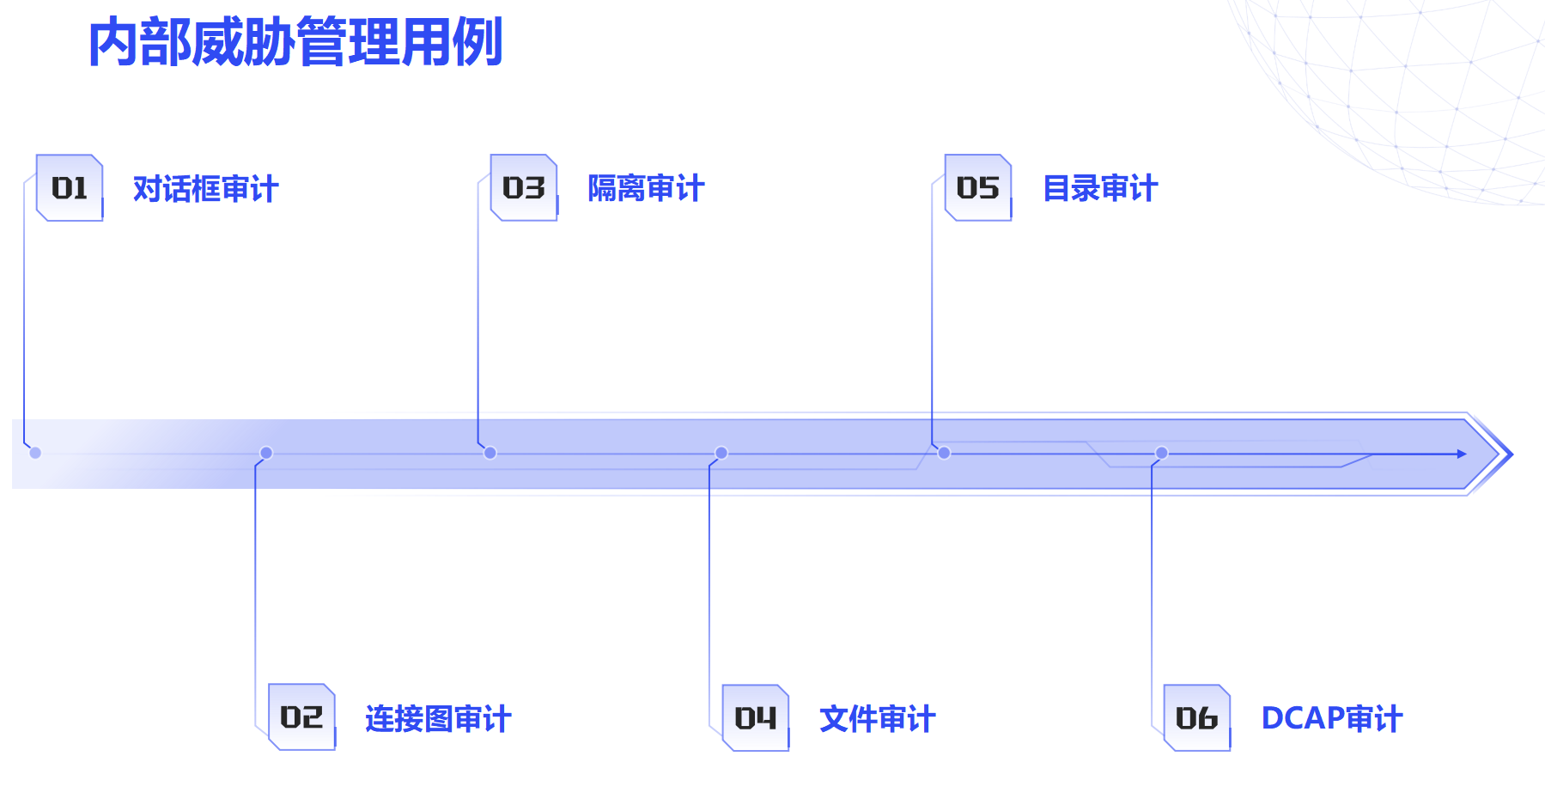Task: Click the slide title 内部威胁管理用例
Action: (295, 42)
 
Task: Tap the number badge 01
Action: (70, 188)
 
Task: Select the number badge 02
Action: (301, 717)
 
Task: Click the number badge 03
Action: (524, 188)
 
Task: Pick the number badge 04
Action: (756, 718)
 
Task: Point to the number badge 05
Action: (978, 188)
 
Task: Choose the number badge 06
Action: (1197, 718)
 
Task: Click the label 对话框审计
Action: (206, 189)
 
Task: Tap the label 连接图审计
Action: (438, 719)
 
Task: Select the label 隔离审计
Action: (646, 189)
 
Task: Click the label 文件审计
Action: (877, 719)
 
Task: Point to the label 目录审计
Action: (1100, 189)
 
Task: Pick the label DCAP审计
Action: (1331, 718)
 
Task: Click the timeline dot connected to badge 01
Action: (35, 453)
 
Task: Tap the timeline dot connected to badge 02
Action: (266, 453)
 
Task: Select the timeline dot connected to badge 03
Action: (490, 453)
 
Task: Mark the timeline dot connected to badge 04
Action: (721, 453)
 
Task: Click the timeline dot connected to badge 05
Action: (944, 453)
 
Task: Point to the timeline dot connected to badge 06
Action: (1162, 453)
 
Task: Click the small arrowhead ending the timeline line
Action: (1462, 454)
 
